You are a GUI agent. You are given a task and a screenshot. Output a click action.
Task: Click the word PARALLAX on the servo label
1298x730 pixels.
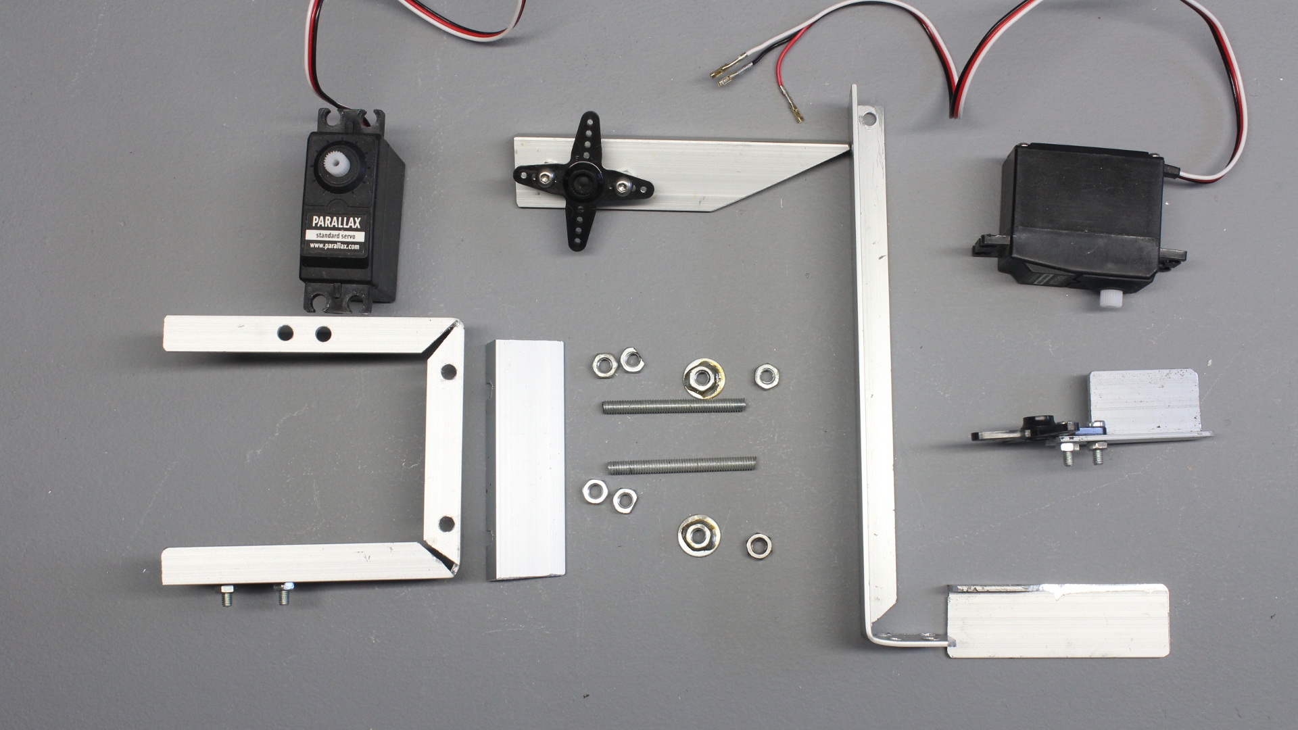336,222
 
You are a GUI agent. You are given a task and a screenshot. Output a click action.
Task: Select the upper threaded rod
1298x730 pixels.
673,406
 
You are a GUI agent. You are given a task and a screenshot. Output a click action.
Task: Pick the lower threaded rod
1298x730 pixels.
681,464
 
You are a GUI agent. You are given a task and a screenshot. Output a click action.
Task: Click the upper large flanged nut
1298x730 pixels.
703,379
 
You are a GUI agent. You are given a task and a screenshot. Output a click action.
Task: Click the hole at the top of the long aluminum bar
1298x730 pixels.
868,120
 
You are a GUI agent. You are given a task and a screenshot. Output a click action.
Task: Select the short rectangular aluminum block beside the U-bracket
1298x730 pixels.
525,460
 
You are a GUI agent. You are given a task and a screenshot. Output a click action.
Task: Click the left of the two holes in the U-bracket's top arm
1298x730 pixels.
285,333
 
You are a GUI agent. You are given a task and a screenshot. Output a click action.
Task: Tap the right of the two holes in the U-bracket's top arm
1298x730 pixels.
323,334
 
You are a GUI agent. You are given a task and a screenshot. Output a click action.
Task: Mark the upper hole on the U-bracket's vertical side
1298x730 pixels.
448,372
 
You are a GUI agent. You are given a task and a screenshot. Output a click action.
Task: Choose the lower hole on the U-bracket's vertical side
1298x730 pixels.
446,522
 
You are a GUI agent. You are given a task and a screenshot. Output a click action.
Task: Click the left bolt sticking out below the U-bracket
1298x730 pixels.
226,597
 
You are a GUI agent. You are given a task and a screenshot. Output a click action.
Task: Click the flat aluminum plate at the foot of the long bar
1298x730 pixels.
1058,620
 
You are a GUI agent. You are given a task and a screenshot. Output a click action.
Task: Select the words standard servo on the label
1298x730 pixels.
335,236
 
